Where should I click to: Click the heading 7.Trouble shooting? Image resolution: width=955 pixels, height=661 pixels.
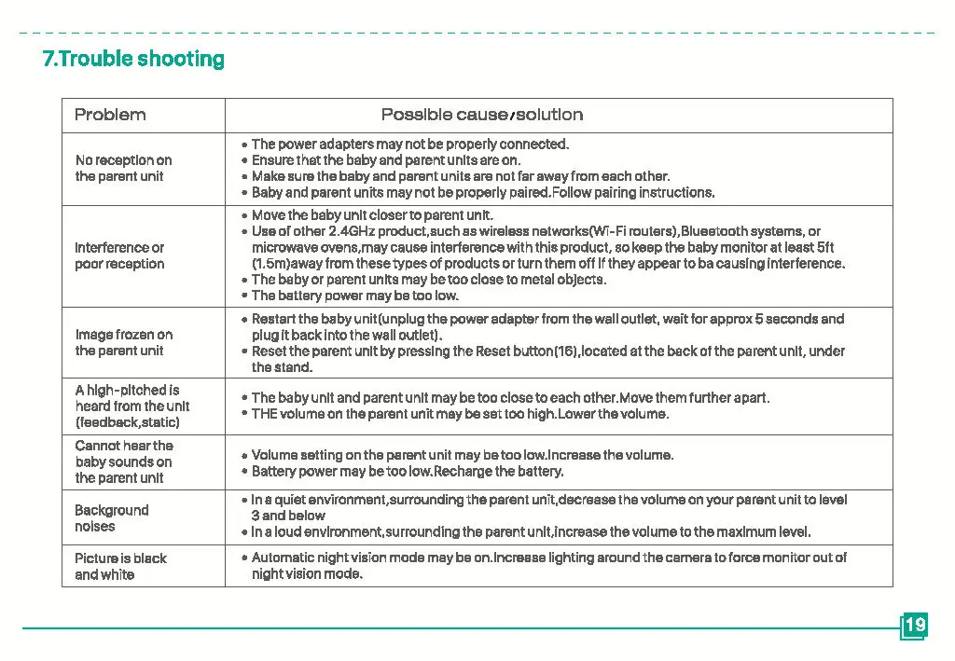pyautogui.click(x=133, y=59)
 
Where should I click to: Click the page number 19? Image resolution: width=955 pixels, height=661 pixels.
pyautogui.click(x=915, y=625)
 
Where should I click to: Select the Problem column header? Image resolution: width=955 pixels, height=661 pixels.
pyautogui.click(x=110, y=115)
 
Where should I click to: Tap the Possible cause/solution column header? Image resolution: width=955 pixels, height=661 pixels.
pyautogui.click(x=481, y=115)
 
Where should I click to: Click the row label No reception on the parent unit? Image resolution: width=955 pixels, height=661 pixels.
pyautogui.click(x=123, y=168)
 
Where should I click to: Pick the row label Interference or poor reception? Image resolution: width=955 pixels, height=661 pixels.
pyautogui.click(x=119, y=255)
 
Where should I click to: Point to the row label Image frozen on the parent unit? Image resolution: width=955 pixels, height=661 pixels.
pyautogui.click(x=123, y=342)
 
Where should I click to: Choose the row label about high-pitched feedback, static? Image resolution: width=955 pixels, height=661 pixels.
pyautogui.click(x=131, y=406)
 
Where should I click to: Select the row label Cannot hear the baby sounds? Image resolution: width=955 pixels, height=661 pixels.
pyautogui.click(x=124, y=461)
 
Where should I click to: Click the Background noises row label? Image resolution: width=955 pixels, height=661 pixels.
pyautogui.click(x=111, y=518)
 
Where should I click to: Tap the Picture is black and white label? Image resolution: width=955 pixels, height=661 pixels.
pyautogui.click(x=120, y=566)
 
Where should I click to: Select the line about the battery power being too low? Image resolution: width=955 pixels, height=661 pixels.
pyautogui.click(x=354, y=296)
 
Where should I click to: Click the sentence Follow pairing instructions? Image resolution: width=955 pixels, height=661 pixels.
pyautogui.click(x=633, y=193)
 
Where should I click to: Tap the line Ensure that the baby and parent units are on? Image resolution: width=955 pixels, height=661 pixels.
pyautogui.click(x=385, y=160)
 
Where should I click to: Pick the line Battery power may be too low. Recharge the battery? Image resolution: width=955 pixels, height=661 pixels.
pyautogui.click(x=408, y=472)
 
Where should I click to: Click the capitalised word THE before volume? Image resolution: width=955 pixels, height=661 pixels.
pyautogui.click(x=264, y=414)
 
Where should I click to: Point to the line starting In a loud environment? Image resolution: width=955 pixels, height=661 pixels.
pyautogui.click(x=531, y=532)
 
